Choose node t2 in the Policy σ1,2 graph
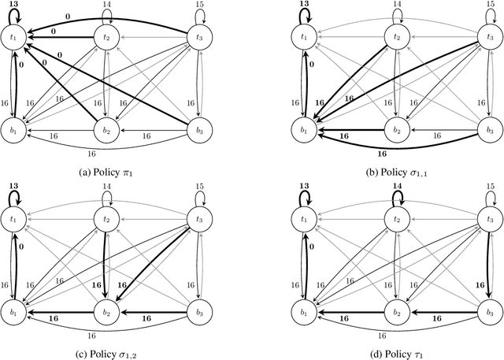[106, 221]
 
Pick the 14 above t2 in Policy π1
[106, 4]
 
